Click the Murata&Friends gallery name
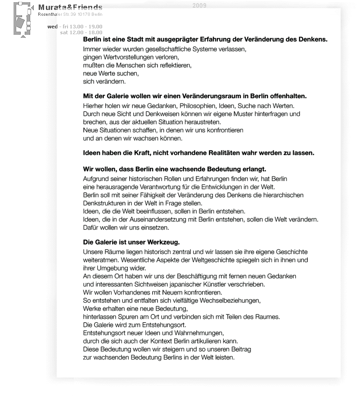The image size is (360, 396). [x=70, y=8]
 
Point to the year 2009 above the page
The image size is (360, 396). [x=199, y=5]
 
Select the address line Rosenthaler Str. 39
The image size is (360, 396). [x=70, y=15]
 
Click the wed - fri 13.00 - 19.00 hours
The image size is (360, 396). [x=75, y=27]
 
